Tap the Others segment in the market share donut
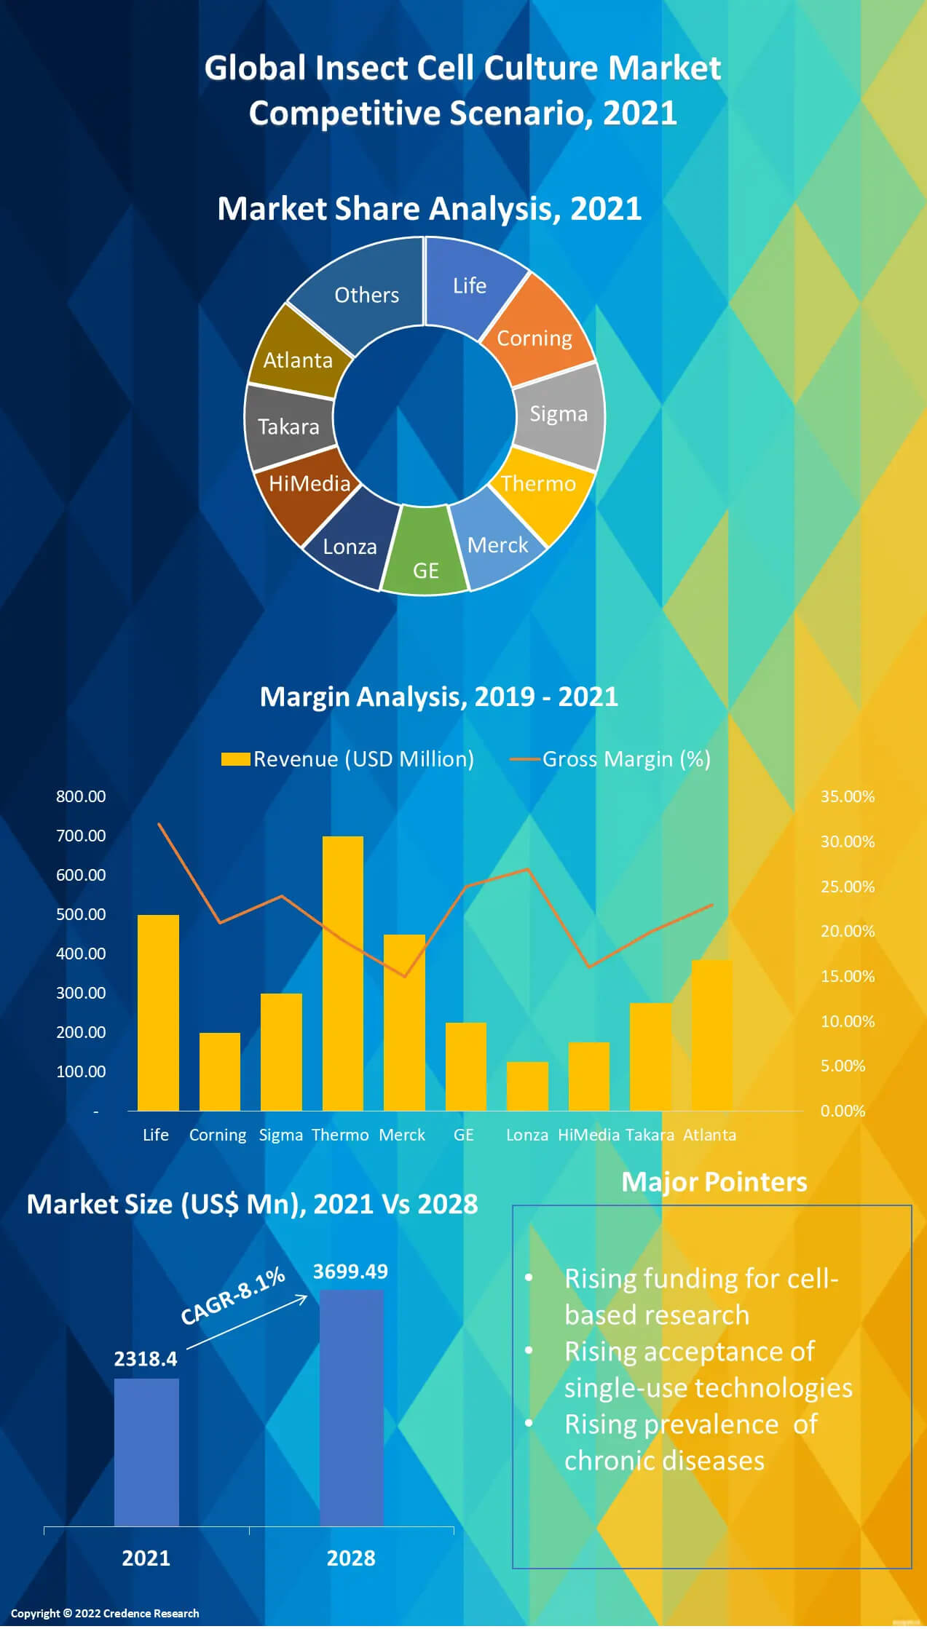coord(364,291)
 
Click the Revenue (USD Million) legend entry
coord(348,759)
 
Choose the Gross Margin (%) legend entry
coord(610,759)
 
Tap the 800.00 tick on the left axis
coord(81,796)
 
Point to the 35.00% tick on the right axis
coord(847,796)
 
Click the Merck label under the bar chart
coord(402,1135)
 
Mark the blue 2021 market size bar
coord(146,1452)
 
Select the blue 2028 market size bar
coord(352,1408)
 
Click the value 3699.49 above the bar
coord(350,1272)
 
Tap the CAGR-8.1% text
coord(233,1296)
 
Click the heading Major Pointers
coord(714,1182)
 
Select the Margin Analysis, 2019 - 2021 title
coord(439,697)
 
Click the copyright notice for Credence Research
coord(105,1613)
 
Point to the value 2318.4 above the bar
coord(146,1359)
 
